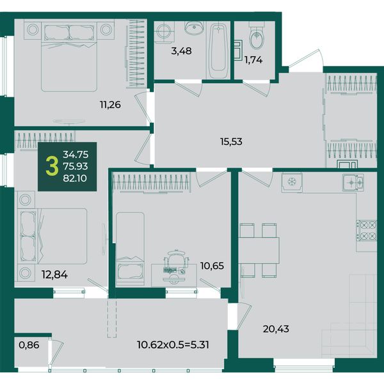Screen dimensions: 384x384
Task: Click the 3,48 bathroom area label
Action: pos(181,51)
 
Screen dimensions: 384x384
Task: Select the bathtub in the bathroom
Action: pos(218,51)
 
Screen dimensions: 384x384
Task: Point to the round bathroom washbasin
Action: pos(194,28)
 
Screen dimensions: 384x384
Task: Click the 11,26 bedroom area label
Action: pos(110,105)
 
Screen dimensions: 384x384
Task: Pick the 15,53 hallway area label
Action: pos(232,141)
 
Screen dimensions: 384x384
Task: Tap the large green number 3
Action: pos(52,166)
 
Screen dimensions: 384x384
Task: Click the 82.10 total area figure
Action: pos(75,179)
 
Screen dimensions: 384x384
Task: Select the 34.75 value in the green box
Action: pos(76,154)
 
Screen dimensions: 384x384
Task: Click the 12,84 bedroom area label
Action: pos(54,275)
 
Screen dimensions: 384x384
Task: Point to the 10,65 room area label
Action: pos(212,266)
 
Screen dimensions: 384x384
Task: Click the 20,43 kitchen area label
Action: pos(276,329)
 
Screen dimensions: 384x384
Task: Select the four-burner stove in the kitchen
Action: pos(366,230)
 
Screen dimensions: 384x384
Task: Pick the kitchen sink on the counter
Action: pos(353,182)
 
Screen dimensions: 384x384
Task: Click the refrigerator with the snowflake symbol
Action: pos(292,182)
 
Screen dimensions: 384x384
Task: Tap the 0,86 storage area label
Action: pos(29,345)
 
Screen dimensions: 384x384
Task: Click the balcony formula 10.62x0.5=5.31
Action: pos(173,345)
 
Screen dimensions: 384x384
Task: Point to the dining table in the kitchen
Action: pos(259,250)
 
